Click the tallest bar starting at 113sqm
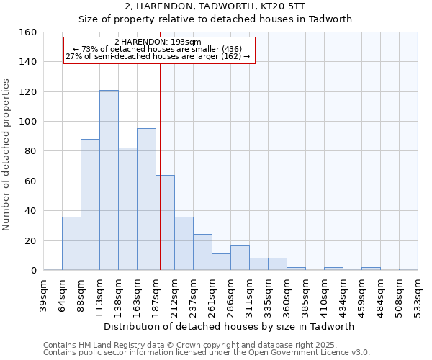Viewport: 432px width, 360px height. click(109, 180)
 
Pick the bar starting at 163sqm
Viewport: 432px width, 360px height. click(146, 199)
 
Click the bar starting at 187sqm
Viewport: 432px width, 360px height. click(165, 222)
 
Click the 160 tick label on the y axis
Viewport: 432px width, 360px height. click(27, 32)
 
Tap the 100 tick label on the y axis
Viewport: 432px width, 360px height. click(27, 122)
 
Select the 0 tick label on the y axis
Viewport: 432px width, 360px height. click(33, 271)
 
